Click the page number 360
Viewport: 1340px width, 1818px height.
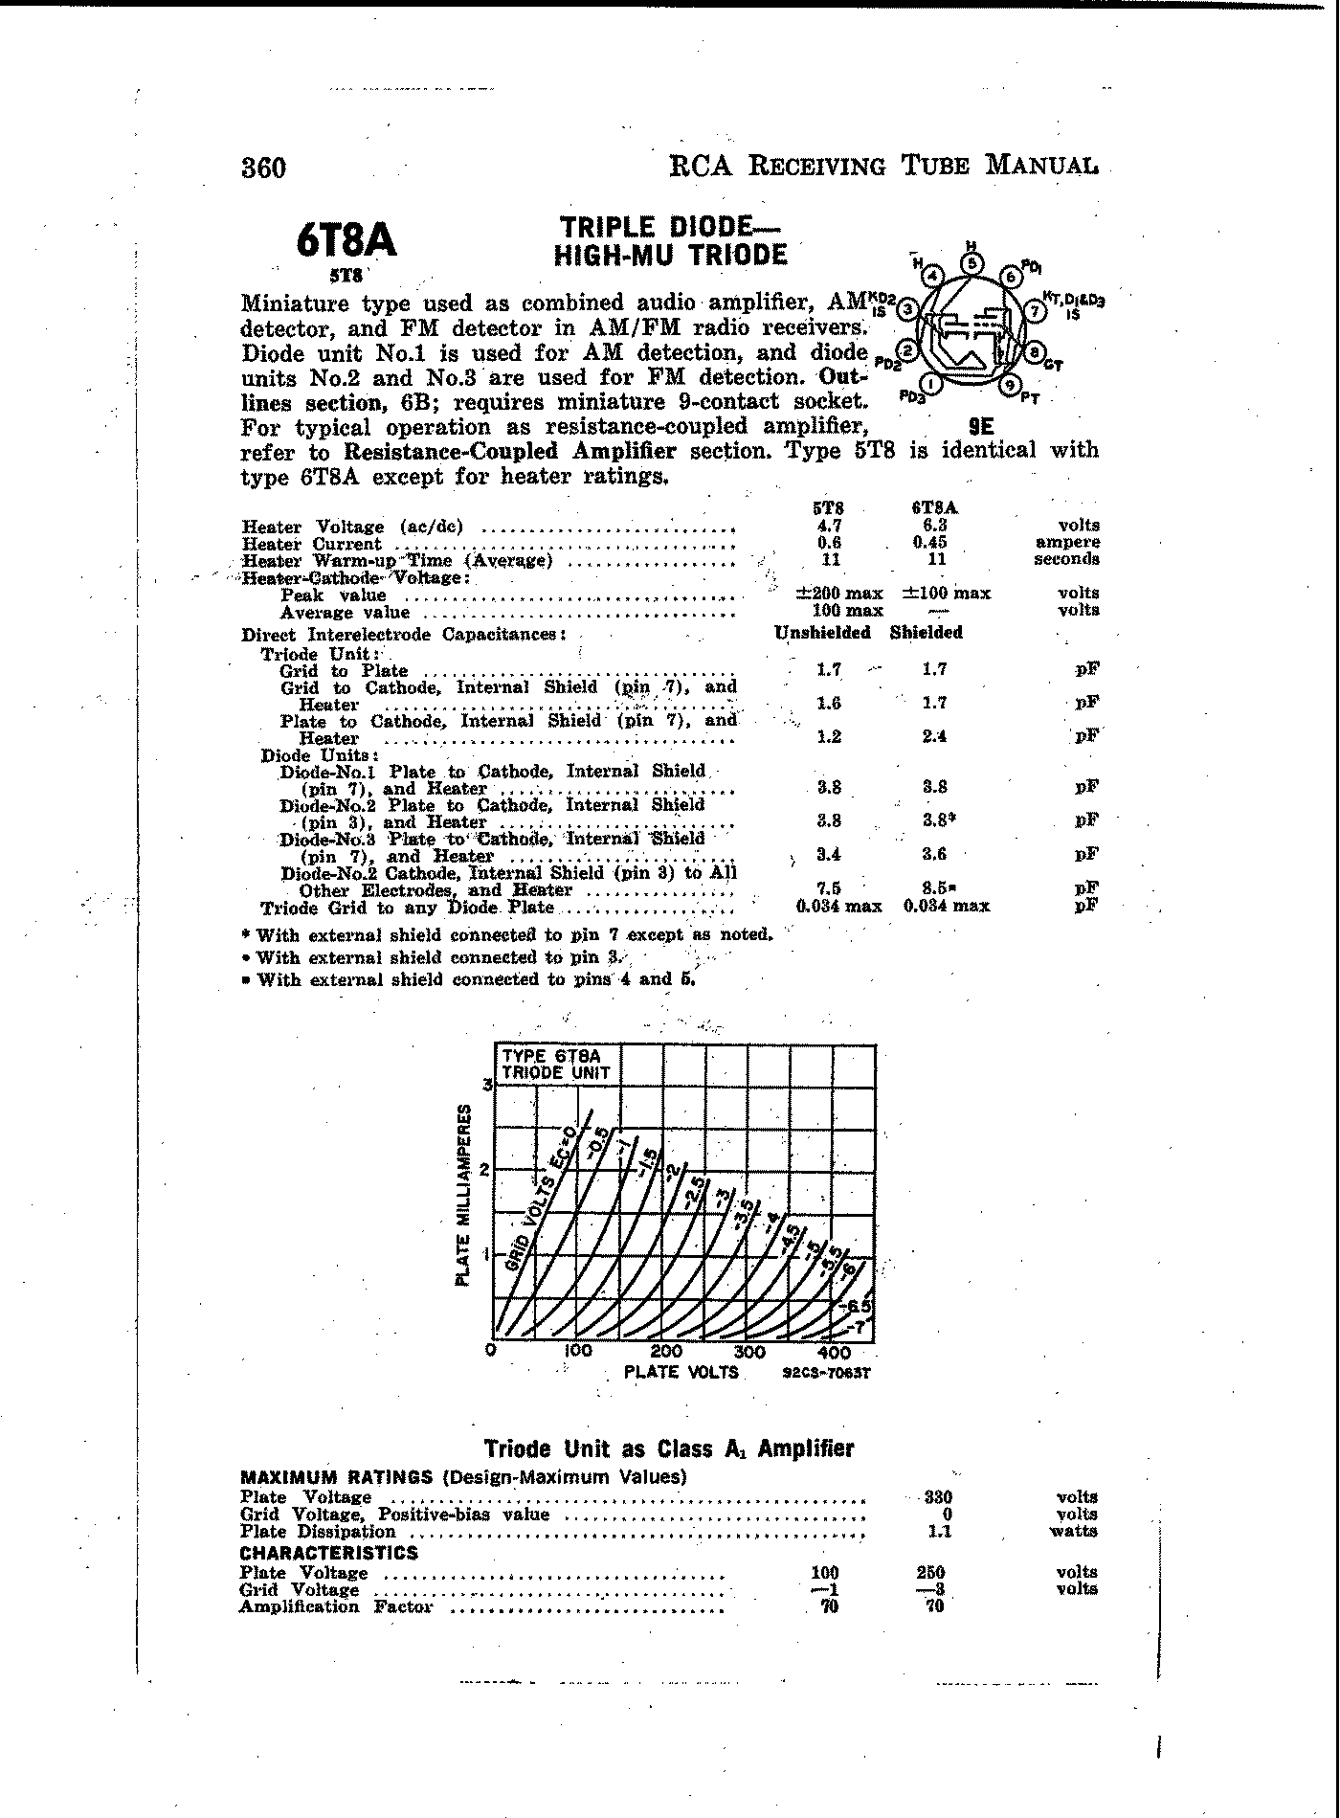click(x=263, y=168)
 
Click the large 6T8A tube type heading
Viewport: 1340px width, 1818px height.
click(x=346, y=240)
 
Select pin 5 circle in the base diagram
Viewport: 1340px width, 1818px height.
click(x=972, y=263)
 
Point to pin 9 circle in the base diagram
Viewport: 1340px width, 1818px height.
click(x=1011, y=385)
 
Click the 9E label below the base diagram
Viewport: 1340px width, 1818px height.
click(x=981, y=429)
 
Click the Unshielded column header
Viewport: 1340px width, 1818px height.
click(x=822, y=633)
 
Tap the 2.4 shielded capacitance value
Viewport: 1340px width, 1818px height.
click(x=934, y=736)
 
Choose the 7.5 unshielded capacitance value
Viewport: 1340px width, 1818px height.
click(x=829, y=887)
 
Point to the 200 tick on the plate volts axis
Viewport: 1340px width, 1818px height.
click(x=665, y=1352)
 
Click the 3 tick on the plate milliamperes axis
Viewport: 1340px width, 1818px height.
click(x=486, y=1085)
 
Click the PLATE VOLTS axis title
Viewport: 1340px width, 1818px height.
click(x=681, y=1372)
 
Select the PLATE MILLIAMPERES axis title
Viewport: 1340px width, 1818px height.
click(x=464, y=1195)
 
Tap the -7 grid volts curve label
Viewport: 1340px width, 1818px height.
click(x=860, y=1327)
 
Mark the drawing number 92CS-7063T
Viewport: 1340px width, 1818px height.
click(x=826, y=1373)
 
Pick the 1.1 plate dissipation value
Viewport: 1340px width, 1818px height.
click(x=939, y=1531)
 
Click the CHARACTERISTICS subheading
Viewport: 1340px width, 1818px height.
click(x=328, y=1553)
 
